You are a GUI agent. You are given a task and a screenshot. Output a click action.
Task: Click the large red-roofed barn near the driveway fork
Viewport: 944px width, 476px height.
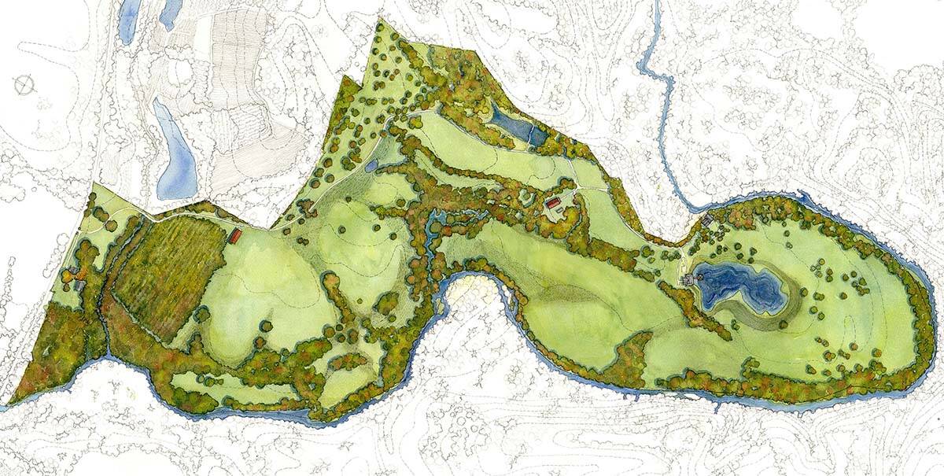point(554,205)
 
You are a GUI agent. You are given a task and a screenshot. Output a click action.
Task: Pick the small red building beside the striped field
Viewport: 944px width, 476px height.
point(234,235)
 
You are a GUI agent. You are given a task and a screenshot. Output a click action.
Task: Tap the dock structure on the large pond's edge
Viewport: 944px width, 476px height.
point(690,280)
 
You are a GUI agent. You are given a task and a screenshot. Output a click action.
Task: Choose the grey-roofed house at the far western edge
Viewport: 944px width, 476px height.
point(75,275)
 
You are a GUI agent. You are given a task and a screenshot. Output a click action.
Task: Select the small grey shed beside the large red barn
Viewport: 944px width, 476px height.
point(564,198)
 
